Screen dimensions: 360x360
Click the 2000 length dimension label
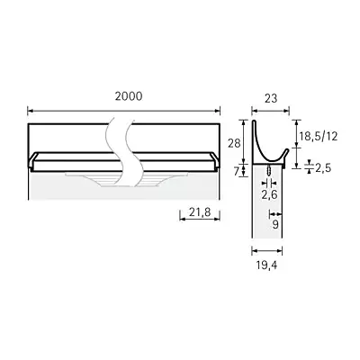123,96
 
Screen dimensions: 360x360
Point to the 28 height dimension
232,143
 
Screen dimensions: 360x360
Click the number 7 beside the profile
235,169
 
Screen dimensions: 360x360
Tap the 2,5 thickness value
322,168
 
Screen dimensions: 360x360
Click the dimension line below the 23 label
267,112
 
